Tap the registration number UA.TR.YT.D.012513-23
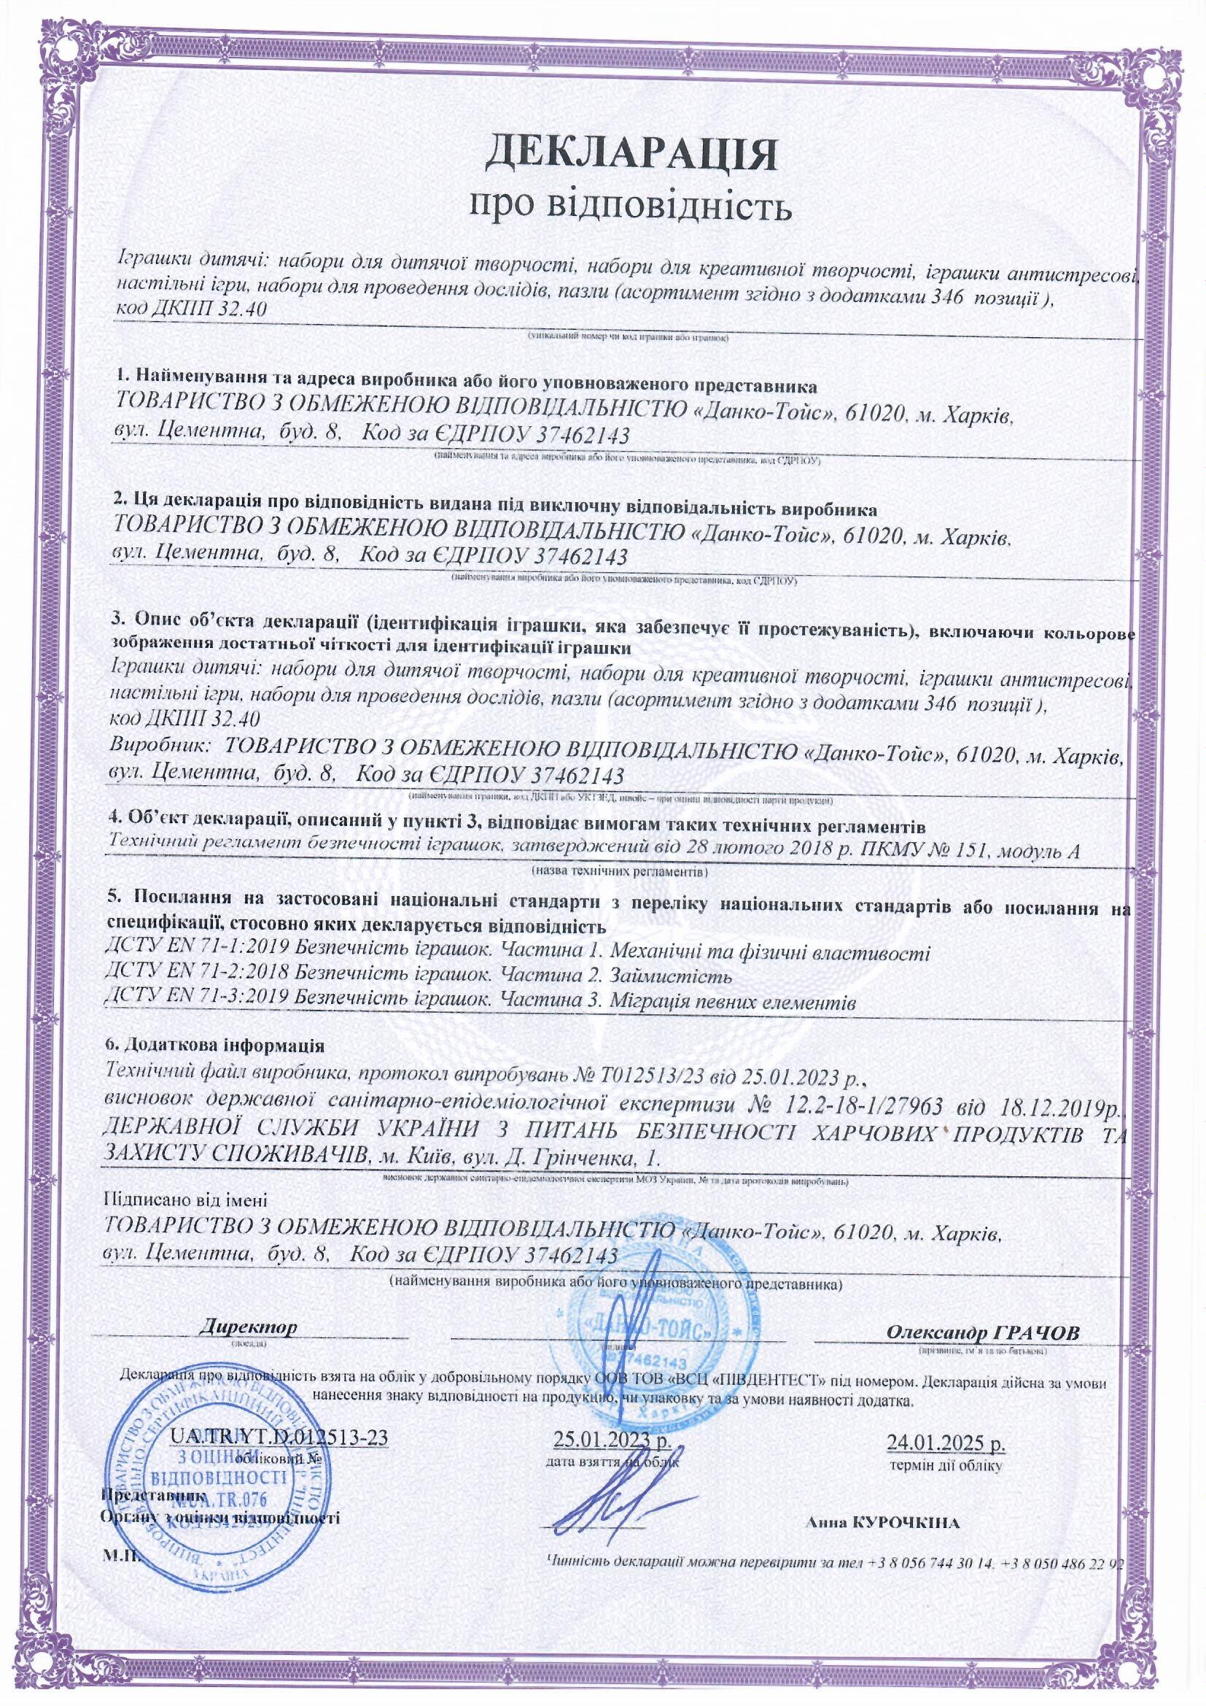pyautogui.click(x=279, y=1435)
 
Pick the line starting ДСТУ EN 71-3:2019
pyautogui.click(x=481, y=1001)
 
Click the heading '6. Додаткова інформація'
pyautogui.click(x=215, y=1046)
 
